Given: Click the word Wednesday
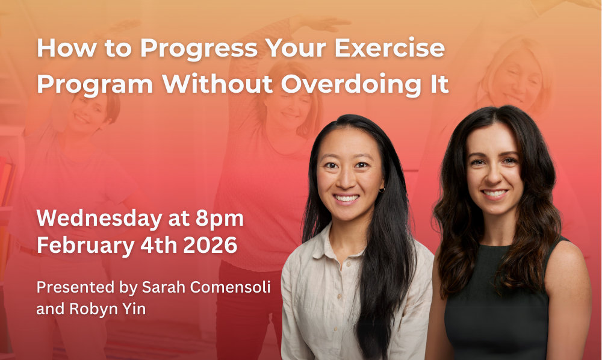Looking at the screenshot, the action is [x=99, y=219].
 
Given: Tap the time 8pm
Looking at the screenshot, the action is [x=220, y=219].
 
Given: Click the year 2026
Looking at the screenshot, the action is [x=210, y=245].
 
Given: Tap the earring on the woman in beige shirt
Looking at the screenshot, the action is [x=382, y=190].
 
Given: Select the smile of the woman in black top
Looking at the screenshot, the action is [x=494, y=193].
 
